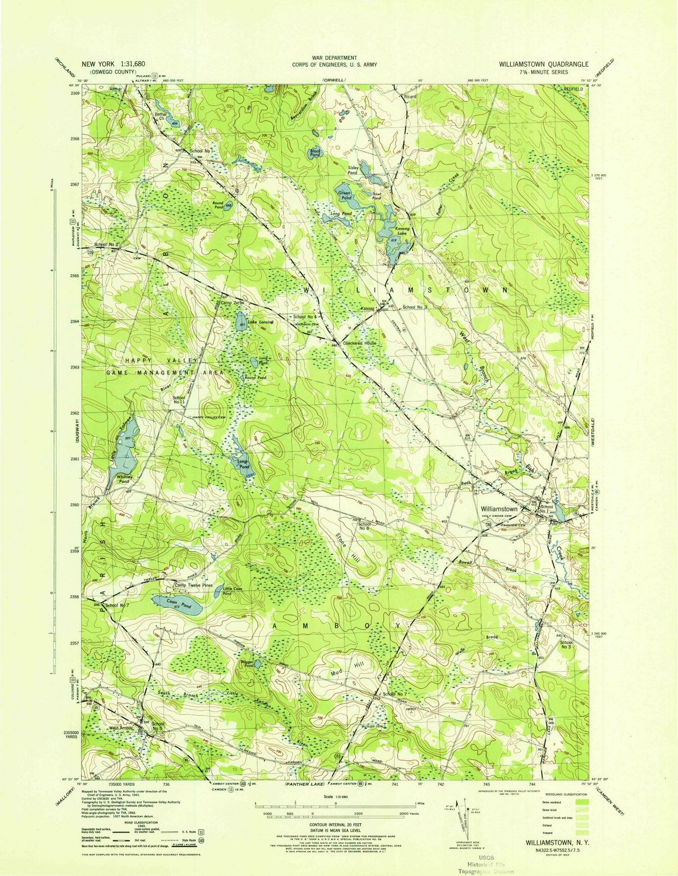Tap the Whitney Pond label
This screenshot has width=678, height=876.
tap(128, 479)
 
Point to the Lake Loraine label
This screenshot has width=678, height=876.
tap(260, 322)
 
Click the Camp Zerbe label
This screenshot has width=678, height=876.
tap(232, 303)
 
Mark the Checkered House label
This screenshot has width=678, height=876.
tap(359, 343)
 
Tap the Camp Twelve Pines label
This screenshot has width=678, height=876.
tap(193, 585)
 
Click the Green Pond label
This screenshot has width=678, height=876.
tap(345, 195)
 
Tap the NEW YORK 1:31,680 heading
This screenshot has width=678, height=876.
tap(117, 64)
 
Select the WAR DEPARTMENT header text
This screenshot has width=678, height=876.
tap(334, 57)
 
